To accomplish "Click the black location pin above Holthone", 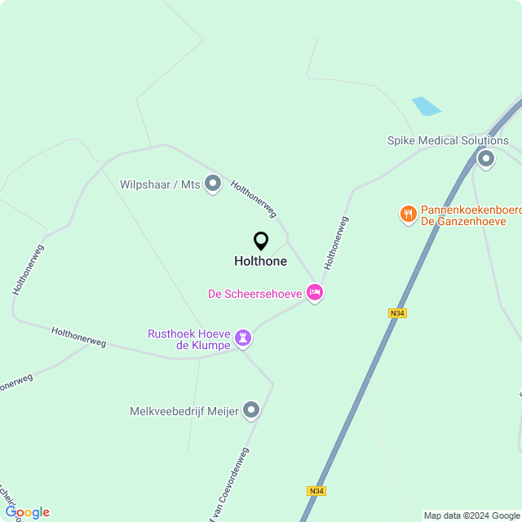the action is click(x=261, y=241).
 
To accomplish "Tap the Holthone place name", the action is click(x=260, y=262).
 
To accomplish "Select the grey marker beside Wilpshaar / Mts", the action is click(x=213, y=184).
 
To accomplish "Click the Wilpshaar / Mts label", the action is click(x=160, y=185).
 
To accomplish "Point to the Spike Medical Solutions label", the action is click(x=448, y=141).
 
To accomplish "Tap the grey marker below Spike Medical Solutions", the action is click(x=486, y=158).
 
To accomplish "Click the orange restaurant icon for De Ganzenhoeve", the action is click(x=408, y=215).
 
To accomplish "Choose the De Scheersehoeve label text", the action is click(x=255, y=293).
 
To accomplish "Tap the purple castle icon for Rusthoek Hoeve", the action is click(x=243, y=337).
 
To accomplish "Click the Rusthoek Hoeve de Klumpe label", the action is click(x=188, y=339).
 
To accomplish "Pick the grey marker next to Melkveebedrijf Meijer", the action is click(x=251, y=411).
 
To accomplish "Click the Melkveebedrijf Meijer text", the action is click(x=184, y=412).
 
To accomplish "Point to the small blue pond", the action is click(x=426, y=106).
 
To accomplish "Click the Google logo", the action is click(x=27, y=512).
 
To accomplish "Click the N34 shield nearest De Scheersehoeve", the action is click(x=397, y=312).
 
